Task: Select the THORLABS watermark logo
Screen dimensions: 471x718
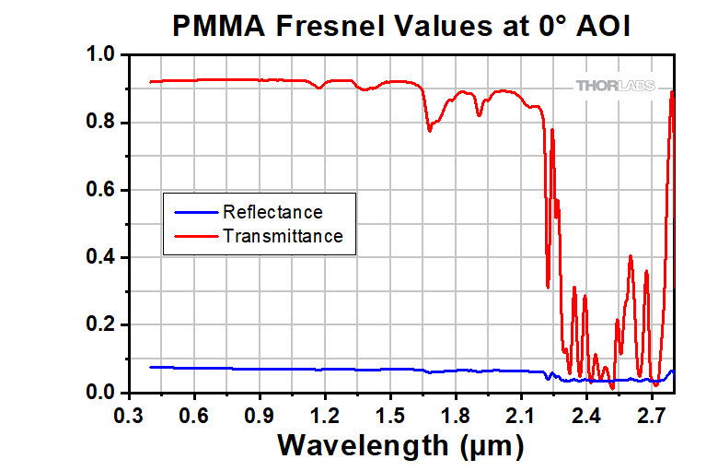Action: (x=616, y=86)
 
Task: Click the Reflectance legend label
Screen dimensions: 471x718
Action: (x=272, y=213)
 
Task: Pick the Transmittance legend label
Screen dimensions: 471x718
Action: (x=283, y=236)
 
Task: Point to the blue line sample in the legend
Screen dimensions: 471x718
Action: (x=191, y=213)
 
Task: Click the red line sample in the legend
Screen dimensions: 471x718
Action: (x=191, y=236)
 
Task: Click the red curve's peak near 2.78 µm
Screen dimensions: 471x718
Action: (x=672, y=92)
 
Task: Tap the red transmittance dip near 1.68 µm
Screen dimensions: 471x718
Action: (x=429, y=130)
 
